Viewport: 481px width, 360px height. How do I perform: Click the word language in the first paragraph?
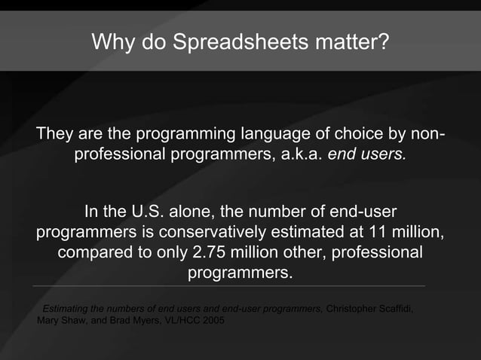[274, 135]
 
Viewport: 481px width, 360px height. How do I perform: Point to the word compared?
[95, 251]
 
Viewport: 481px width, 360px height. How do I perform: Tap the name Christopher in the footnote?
[351, 309]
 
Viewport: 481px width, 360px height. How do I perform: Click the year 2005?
[213, 320]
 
